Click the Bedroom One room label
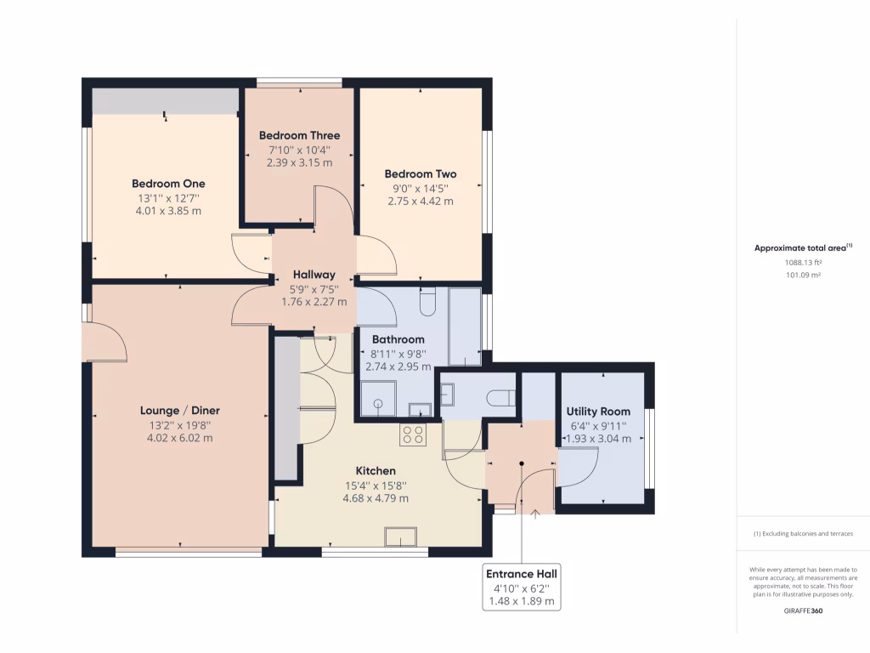point(168,184)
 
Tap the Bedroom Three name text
point(299,135)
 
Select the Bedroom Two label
point(420,174)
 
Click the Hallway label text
point(314,275)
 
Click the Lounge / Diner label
point(179,411)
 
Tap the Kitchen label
point(376,470)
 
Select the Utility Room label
point(598,412)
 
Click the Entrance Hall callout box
point(522,587)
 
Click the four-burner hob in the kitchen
point(413,435)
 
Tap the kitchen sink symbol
point(401,537)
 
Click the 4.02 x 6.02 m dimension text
point(179,438)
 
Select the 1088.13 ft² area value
point(803,263)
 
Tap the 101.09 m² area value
point(803,275)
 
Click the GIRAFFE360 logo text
point(803,610)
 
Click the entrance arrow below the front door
point(534,513)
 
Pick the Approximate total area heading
point(802,248)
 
